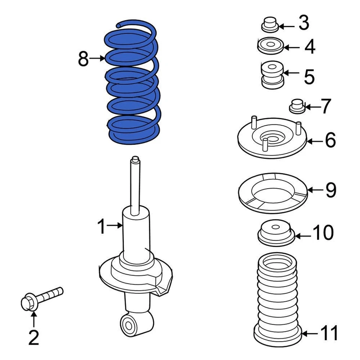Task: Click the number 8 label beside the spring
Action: tap(83, 59)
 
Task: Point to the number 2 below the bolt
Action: tap(34, 338)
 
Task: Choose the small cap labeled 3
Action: tap(270, 25)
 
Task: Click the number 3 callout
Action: tap(303, 23)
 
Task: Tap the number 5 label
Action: tap(309, 76)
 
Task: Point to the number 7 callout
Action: tap(325, 106)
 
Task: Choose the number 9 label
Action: tap(330, 190)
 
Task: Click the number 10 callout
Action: tap(322, 233)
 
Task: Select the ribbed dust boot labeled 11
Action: tap(277, 300)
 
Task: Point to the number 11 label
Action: tap(329, 333)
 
